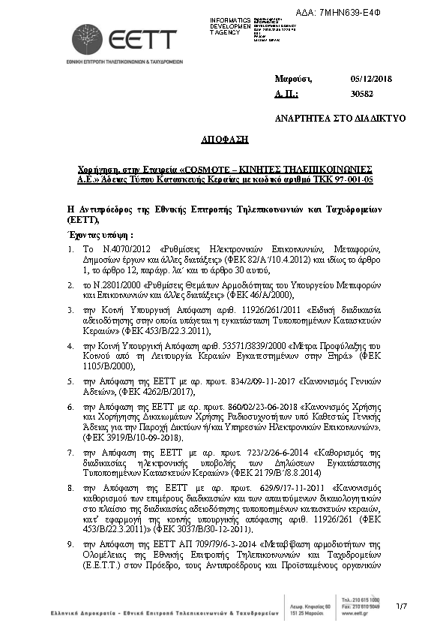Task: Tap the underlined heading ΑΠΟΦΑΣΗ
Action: (224, 140)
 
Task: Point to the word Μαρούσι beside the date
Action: (293, 79)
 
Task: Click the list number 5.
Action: (70, 381)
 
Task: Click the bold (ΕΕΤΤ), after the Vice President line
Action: (82, 219)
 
